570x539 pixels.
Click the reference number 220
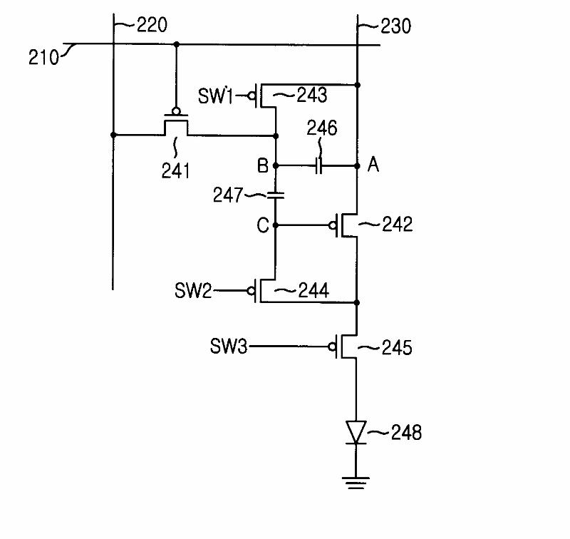(152, 25)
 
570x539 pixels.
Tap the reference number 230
(396, 26)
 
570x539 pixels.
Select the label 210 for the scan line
(43, 58)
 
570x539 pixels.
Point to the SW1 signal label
(215, 96)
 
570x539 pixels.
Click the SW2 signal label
(193, 291)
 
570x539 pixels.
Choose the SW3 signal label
(229, 346)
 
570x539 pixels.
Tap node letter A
(373, 165)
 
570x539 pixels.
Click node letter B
(262, 166)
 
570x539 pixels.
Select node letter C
(262, 225)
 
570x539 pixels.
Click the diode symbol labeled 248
(356, 433)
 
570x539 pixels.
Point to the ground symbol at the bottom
(356, 483)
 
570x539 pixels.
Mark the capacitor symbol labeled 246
(318, 166)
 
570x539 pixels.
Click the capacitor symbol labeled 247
(276, 195)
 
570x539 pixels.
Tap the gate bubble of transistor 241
(176, 111)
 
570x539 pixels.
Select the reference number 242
(398, 224)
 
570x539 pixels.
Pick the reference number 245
(397, 348)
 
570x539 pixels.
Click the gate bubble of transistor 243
(252, 96)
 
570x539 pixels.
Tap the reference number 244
(313, 291)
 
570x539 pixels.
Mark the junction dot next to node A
(358, 166)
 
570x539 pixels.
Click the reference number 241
(175, 170)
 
